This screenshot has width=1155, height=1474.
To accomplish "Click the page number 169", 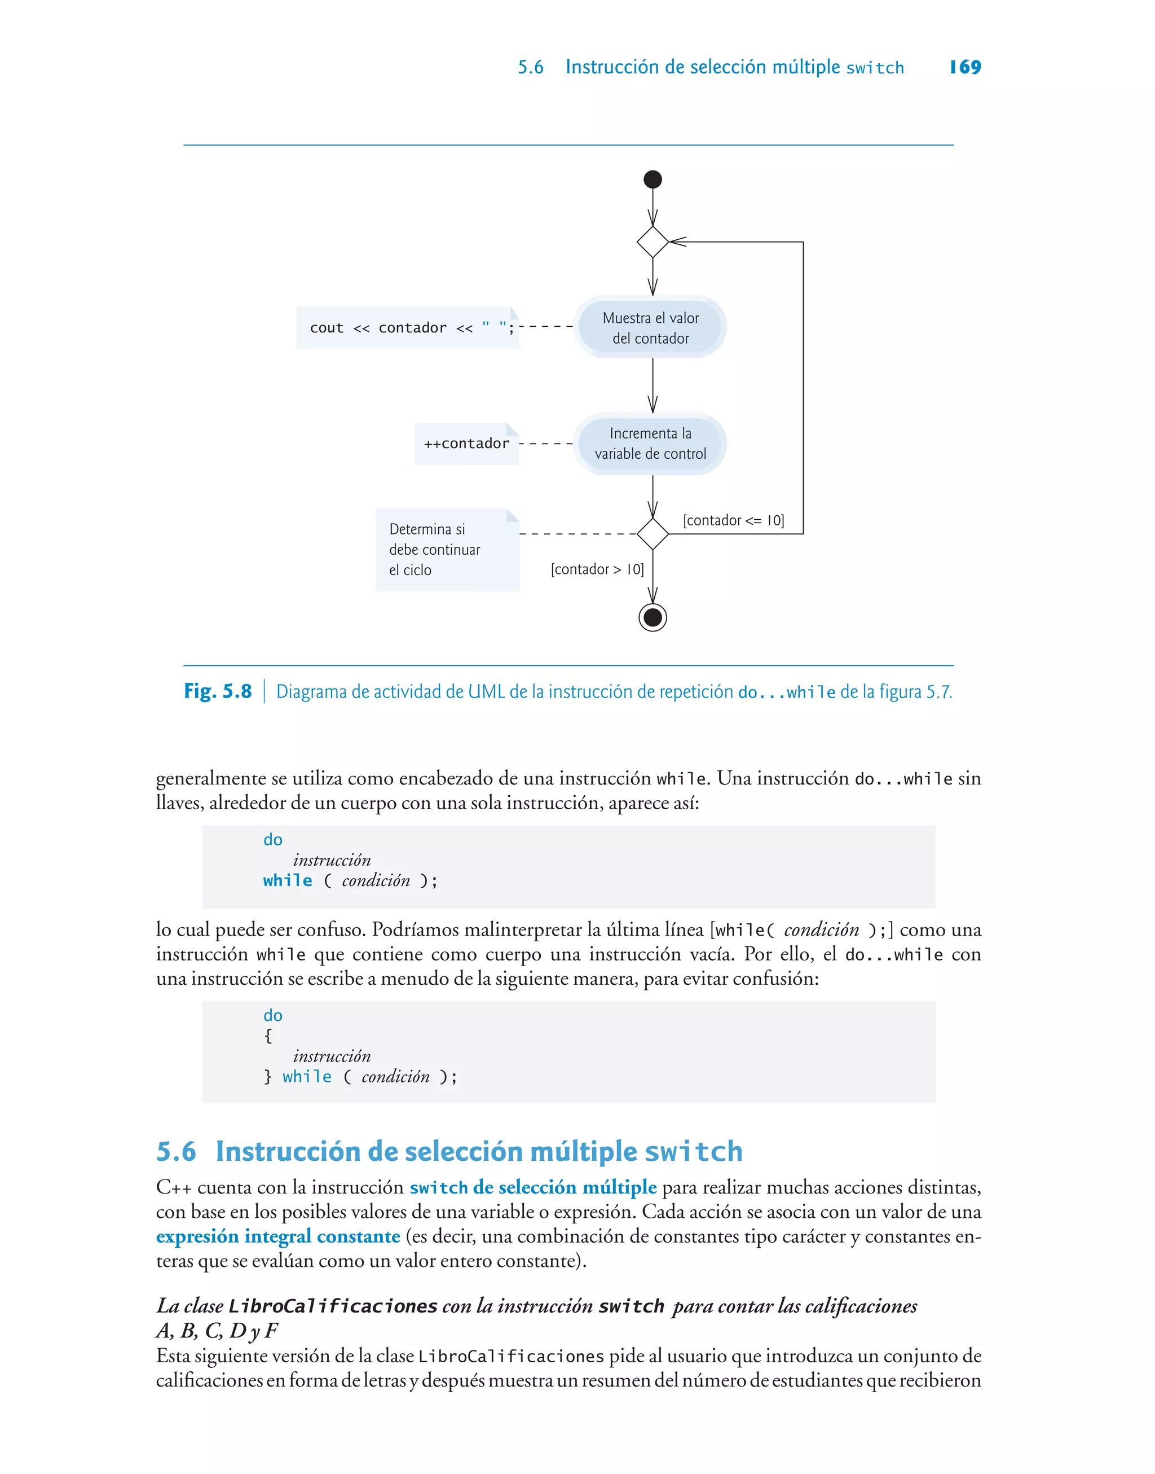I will [965, 67].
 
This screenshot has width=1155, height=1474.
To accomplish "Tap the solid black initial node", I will [653, 179].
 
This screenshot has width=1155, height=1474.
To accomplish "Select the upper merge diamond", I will [653, 242].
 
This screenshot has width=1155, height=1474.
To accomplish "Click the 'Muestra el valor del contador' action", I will [650, 327].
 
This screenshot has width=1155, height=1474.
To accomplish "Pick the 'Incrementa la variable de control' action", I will [650, 444].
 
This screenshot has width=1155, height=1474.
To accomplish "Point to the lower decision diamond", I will [653, 534].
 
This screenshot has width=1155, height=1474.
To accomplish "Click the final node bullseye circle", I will [653, 617].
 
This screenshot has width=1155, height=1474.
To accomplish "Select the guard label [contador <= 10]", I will [733, 520].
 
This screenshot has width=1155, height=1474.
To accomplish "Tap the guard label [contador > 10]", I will [597, 569].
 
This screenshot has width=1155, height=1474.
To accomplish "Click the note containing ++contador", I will [466, 444].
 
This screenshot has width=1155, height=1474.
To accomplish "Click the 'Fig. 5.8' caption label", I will [218, 691].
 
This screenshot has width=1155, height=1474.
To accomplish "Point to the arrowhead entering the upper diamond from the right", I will [677, 242].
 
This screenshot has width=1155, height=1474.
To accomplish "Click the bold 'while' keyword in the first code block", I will [288, 880].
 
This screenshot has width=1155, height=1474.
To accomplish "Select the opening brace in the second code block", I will [268, 1035].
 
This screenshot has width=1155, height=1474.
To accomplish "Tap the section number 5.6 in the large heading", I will [177, 1151].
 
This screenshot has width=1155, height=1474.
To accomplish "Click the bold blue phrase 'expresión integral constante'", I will [278, 1236].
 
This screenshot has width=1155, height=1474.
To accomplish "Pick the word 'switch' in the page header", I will [875, 68].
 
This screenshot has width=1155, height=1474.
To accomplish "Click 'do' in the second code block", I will [273, 1015].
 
